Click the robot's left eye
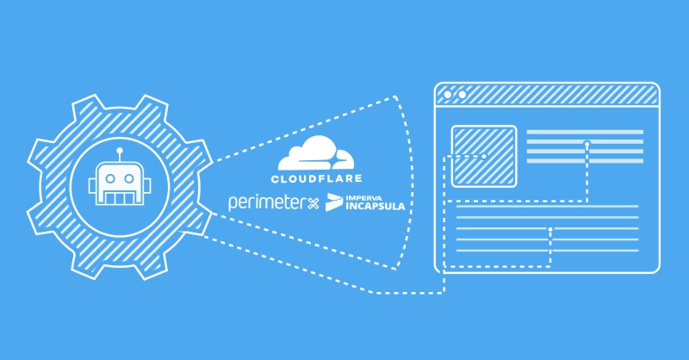pyautogui.click(x=110, y=179)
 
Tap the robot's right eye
pyautogui.click(x=128, y=179)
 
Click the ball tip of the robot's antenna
pyautogui.click(x=120, y=151)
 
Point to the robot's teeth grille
pyautogui.click(x=120, y=199)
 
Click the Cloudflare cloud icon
pyautogui.click(x=316, y=153)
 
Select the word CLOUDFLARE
pyautogui.click(x=316, y=178)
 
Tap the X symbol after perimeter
pyautogui.click(x=313, y=203)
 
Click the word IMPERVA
pyautogui.click(x=364, y=197)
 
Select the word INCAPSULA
pyautogui.click(x=376, y=206)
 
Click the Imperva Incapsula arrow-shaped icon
pyautogui.click(x=334, y=202)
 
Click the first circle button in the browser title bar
pyautogui.click(x=448, y=95)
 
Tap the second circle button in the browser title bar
pyautogui.click(x=462, y=95)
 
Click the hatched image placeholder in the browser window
pyautogui.click(x=484, y=156)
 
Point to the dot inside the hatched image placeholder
pyautogui.click(x=484, y=156)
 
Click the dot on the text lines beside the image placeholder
pyautogui.click(x=587, y=143)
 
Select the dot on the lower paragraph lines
pyautogui.click(x=550, y=229)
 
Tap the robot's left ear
pyautogui.click(x=92, y=185)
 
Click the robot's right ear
pyautogui.click(x=146, y=185)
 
